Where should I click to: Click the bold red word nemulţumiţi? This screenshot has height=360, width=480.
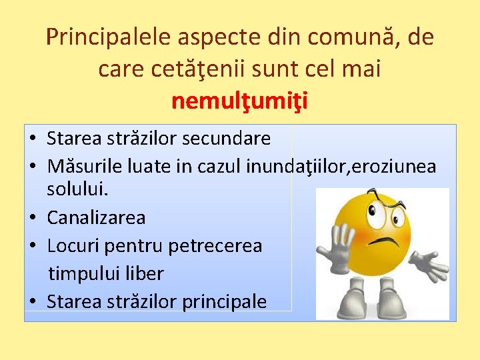point(239,101)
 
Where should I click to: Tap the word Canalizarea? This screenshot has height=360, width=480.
point(96,217)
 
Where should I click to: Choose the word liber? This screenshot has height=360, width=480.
point(144,273)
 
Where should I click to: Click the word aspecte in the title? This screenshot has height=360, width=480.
point(213,37)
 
